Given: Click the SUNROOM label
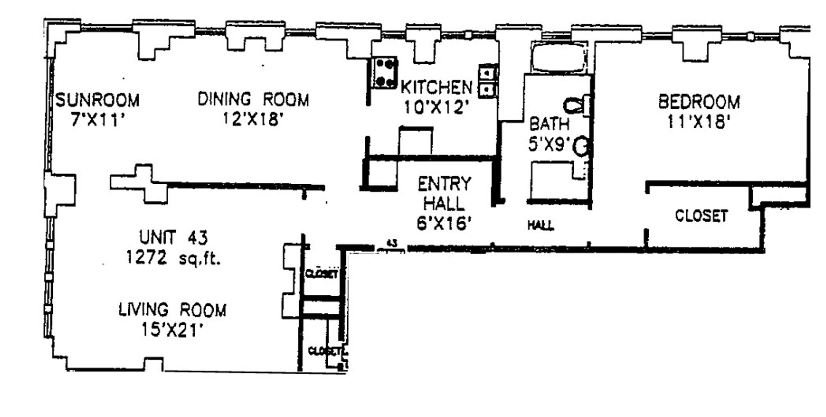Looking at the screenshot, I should click(98, 100).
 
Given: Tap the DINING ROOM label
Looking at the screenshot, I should click(253, 99).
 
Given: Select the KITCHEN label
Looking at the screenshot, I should click(436, 87).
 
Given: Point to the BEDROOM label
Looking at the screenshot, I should click(699, 102).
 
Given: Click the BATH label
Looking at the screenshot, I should click(549, 124).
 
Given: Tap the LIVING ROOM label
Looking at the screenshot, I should click(172, 310).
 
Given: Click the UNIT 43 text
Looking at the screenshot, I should click(173, 237).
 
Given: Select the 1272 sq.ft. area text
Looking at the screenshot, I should click(173, 258).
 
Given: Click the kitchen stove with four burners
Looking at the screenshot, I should click(384, 73).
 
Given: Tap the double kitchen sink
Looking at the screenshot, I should click(488, 80).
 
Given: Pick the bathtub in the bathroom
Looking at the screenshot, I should click(558, 59).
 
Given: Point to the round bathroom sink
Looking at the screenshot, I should click(581, 147).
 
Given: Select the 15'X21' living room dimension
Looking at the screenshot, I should click(172, 331).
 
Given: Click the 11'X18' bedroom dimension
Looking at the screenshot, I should click(699, 123).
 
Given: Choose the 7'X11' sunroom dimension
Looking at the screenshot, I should click(98, 120).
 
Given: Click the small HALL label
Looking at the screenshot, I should click(541, 225).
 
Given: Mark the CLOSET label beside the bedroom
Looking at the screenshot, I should click(701, 216).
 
